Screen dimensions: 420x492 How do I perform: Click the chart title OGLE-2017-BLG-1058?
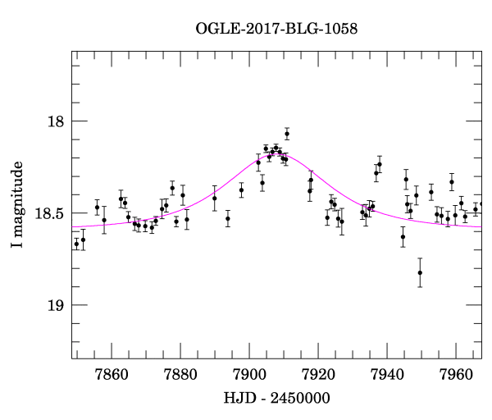click(276, 29)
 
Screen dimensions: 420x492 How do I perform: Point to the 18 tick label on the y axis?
click(55, 121)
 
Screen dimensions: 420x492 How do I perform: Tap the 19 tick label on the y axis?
click(55, 305)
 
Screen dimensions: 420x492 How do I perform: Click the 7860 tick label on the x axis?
click(112, 376)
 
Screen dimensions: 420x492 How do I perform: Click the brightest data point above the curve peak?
click(287, 134)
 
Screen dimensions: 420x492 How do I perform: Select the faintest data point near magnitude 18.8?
click(420, 273)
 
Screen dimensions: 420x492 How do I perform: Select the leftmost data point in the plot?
click(76, 244)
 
